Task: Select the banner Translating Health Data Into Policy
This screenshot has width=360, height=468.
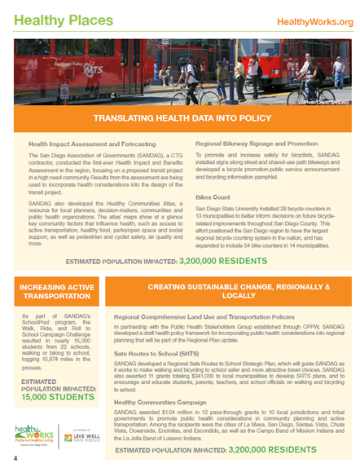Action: coord(180,119)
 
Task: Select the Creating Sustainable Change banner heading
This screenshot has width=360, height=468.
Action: coord(239,293)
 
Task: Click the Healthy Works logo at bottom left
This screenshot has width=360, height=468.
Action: coord(34,434)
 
